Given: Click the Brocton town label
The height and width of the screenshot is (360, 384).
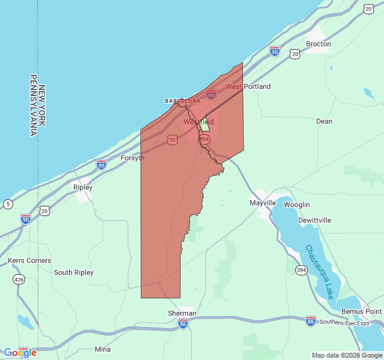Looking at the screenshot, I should tap(318, 44).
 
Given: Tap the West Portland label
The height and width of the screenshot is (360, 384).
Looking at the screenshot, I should tap(248, 86).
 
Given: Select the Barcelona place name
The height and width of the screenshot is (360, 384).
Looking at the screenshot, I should tap(183, 101).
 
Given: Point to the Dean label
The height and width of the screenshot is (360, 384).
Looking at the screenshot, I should tap(324, 121).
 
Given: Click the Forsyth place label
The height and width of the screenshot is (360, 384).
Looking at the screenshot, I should tap(133, 158).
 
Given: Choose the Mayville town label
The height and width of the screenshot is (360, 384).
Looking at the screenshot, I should tap(263, 203).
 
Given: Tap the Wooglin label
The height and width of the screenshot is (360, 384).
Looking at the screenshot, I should tap(297, 205).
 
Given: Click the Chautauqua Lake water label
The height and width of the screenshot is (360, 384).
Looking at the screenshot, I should tap(319, 272).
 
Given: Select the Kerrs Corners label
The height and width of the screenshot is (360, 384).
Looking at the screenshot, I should tap(29, 260).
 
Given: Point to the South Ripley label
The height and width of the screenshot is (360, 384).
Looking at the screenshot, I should tap(74, 272).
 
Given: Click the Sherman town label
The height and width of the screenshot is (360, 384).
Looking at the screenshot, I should tap(182, 313).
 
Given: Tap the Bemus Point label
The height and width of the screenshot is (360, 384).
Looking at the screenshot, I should tap(361, 311).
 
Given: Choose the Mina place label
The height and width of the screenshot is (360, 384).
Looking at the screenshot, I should tap(103, 349).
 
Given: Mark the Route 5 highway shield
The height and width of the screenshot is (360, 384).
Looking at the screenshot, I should tap(7, 205).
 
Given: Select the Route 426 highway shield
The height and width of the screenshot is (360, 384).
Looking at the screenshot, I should tap(19, 280).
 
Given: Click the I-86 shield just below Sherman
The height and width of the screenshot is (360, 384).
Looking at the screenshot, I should tap(183, 323).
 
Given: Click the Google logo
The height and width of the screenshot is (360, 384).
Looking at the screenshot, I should tap(20, 353).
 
